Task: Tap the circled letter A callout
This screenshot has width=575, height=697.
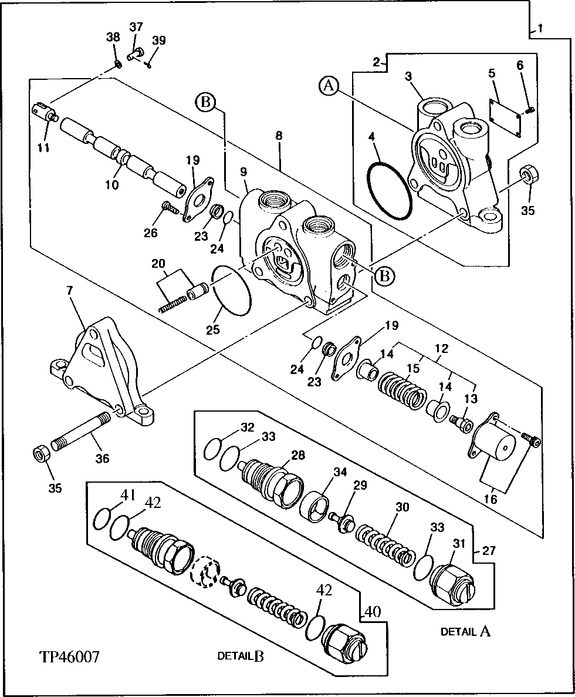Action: [x=329, y=87]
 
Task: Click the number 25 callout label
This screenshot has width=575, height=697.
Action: [x=213, y=329]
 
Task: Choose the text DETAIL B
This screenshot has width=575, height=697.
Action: [x=240, y=656]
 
